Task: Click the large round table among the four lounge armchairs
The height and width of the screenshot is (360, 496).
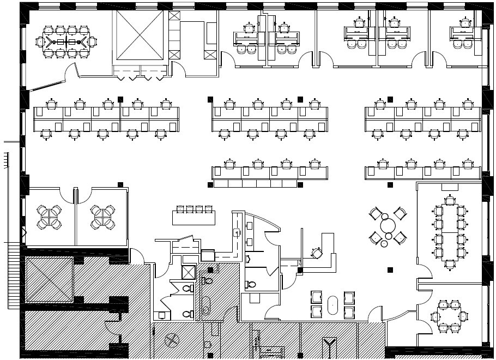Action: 388,224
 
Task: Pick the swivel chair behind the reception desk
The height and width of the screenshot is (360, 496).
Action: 316,253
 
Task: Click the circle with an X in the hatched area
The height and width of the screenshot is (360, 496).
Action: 172,340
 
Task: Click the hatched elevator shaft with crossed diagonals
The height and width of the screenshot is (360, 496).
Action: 49,279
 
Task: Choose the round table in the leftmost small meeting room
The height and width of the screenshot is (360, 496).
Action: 49,217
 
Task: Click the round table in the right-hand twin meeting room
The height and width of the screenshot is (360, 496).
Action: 102,217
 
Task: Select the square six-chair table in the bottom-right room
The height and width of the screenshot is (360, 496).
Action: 449,315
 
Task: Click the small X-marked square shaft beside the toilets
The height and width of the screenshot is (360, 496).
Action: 189,272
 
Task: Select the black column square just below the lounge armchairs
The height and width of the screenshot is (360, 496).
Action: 390,269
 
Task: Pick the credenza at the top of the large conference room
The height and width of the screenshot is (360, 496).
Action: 450,187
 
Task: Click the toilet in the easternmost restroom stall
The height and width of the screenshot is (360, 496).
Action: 250,284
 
